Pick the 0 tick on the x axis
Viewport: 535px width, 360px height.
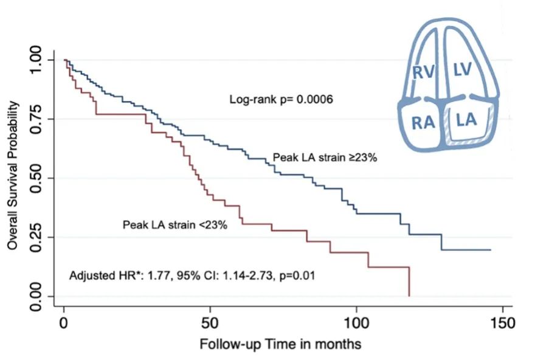coord(64,320)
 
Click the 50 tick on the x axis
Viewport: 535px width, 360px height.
coord(210,320)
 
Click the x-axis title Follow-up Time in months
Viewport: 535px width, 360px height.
coord(280,344)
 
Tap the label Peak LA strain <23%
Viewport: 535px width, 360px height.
coord(175,225)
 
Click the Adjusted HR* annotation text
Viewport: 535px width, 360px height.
coord(192,275)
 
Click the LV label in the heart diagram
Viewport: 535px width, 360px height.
coord(463,71)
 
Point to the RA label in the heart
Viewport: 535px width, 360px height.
coord(423,123)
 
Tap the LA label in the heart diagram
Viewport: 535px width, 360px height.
coord(467,120)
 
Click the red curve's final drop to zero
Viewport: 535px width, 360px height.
coord(409,282)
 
